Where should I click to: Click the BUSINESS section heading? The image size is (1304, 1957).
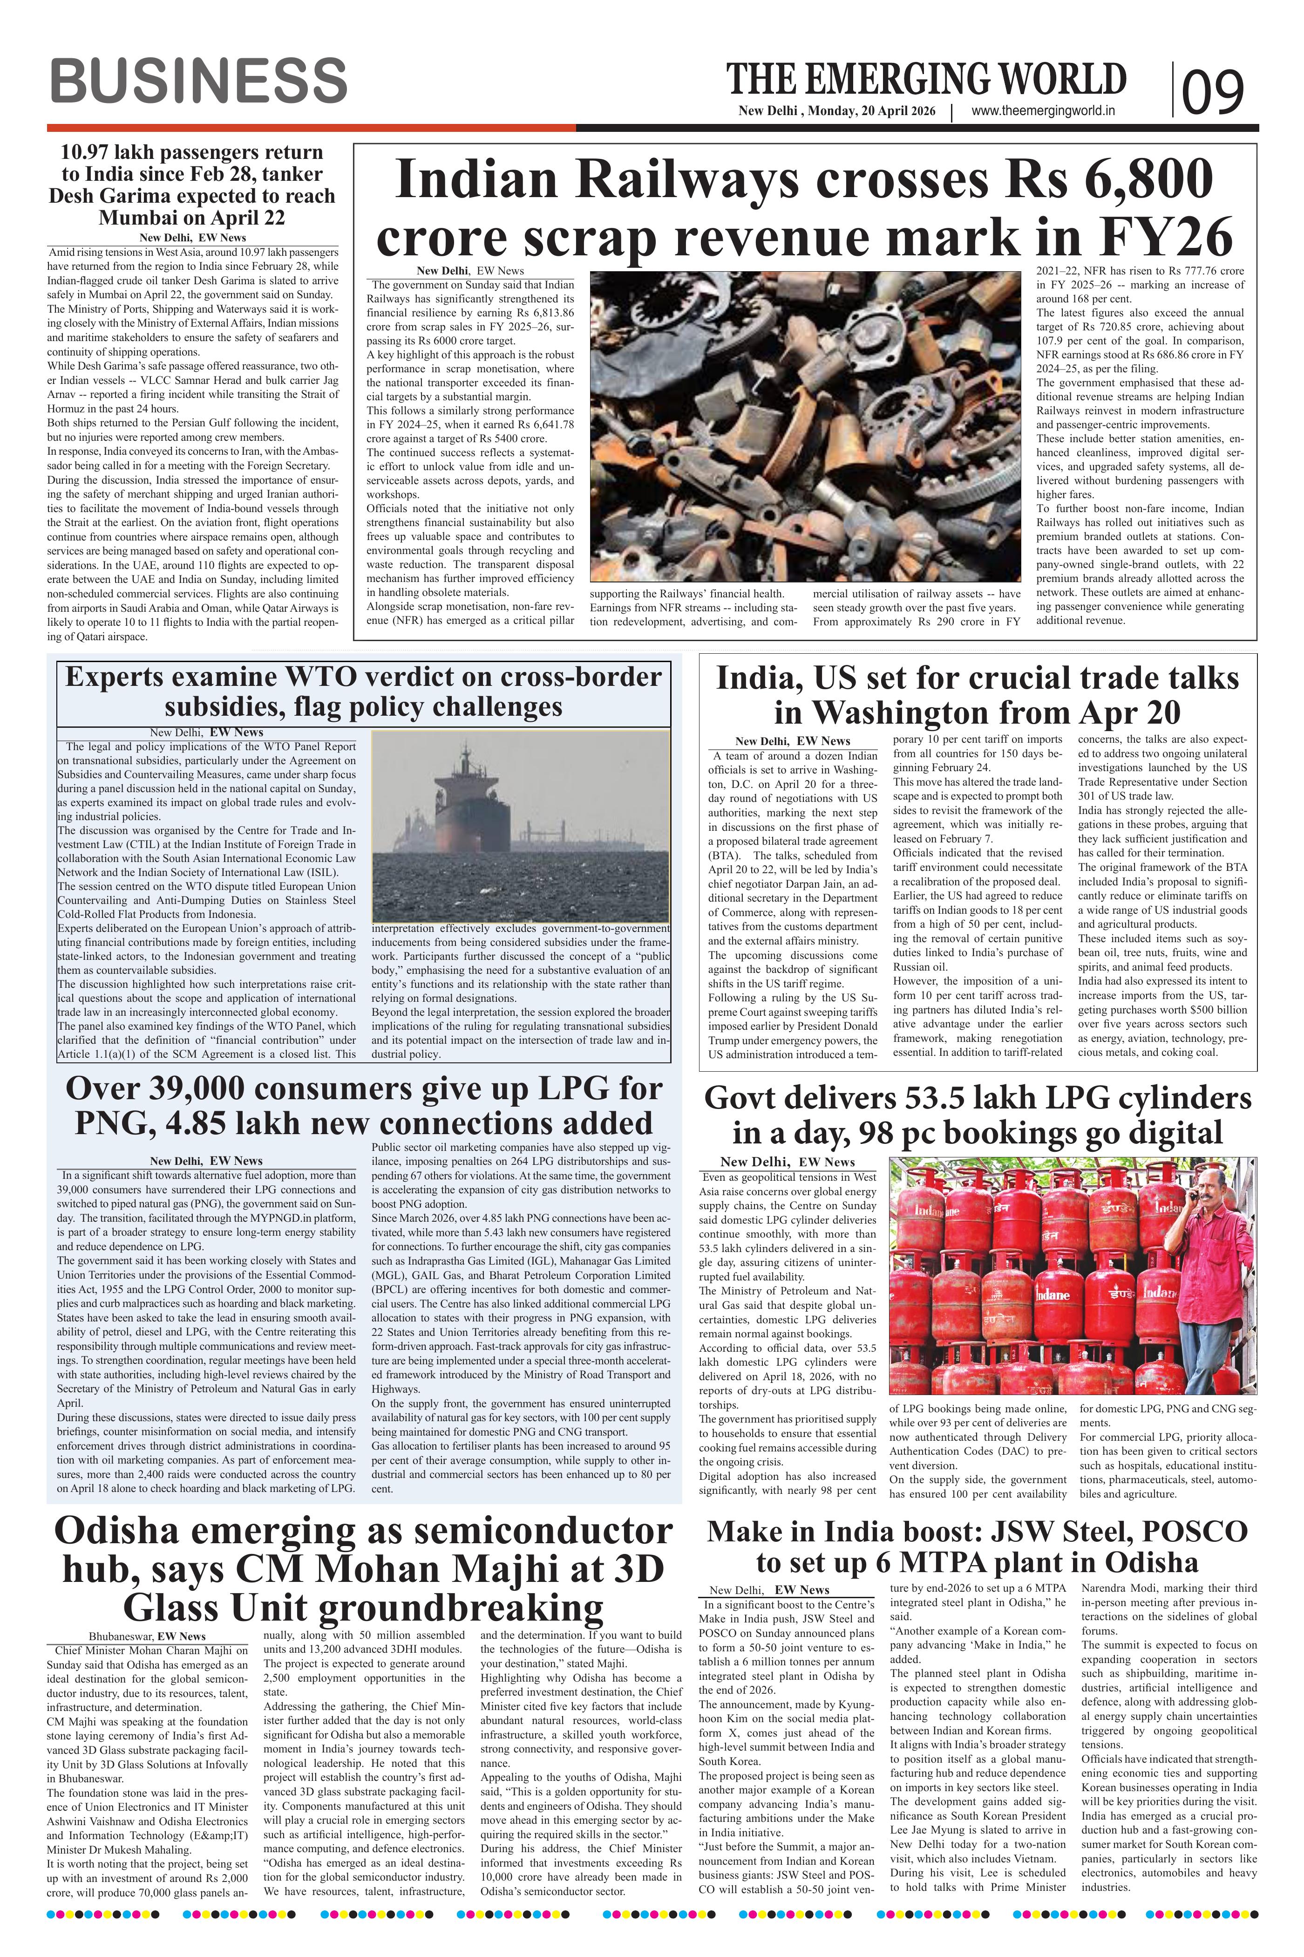coord(198,82)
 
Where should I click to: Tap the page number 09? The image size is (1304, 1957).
coord(1213,91)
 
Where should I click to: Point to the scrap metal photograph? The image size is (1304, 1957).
coord(805,424)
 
